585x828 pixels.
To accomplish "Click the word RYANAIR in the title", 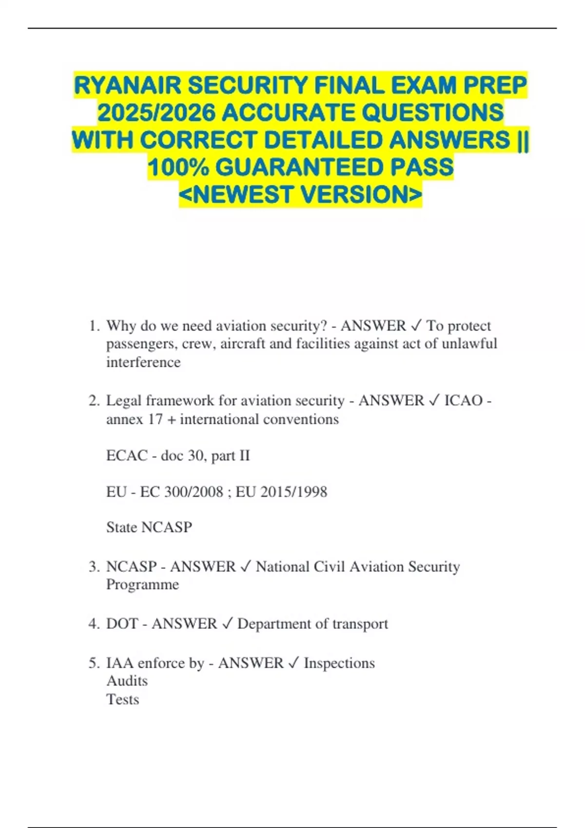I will click(127, 86).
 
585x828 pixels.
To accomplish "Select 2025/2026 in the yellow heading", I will click(156, 113).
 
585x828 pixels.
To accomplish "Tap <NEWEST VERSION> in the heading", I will click(300, 195).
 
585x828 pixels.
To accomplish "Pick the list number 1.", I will click(94, 326).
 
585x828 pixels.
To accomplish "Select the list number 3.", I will click(94, 567).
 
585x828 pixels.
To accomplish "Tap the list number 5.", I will click(94, 663).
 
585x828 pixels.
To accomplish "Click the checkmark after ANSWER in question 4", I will click(227, 624).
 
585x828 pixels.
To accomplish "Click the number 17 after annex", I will click(156, 419).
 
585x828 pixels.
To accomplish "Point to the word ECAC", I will click(127, 456).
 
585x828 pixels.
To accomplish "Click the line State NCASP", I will click(149, 527).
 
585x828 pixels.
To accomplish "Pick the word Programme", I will click(142, 585).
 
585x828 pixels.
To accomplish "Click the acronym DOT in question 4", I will click(122, 624).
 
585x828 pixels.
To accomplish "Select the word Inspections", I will click(339, 663).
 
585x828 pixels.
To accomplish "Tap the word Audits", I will click(127, 681).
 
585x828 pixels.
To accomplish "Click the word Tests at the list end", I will click(123, 699).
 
